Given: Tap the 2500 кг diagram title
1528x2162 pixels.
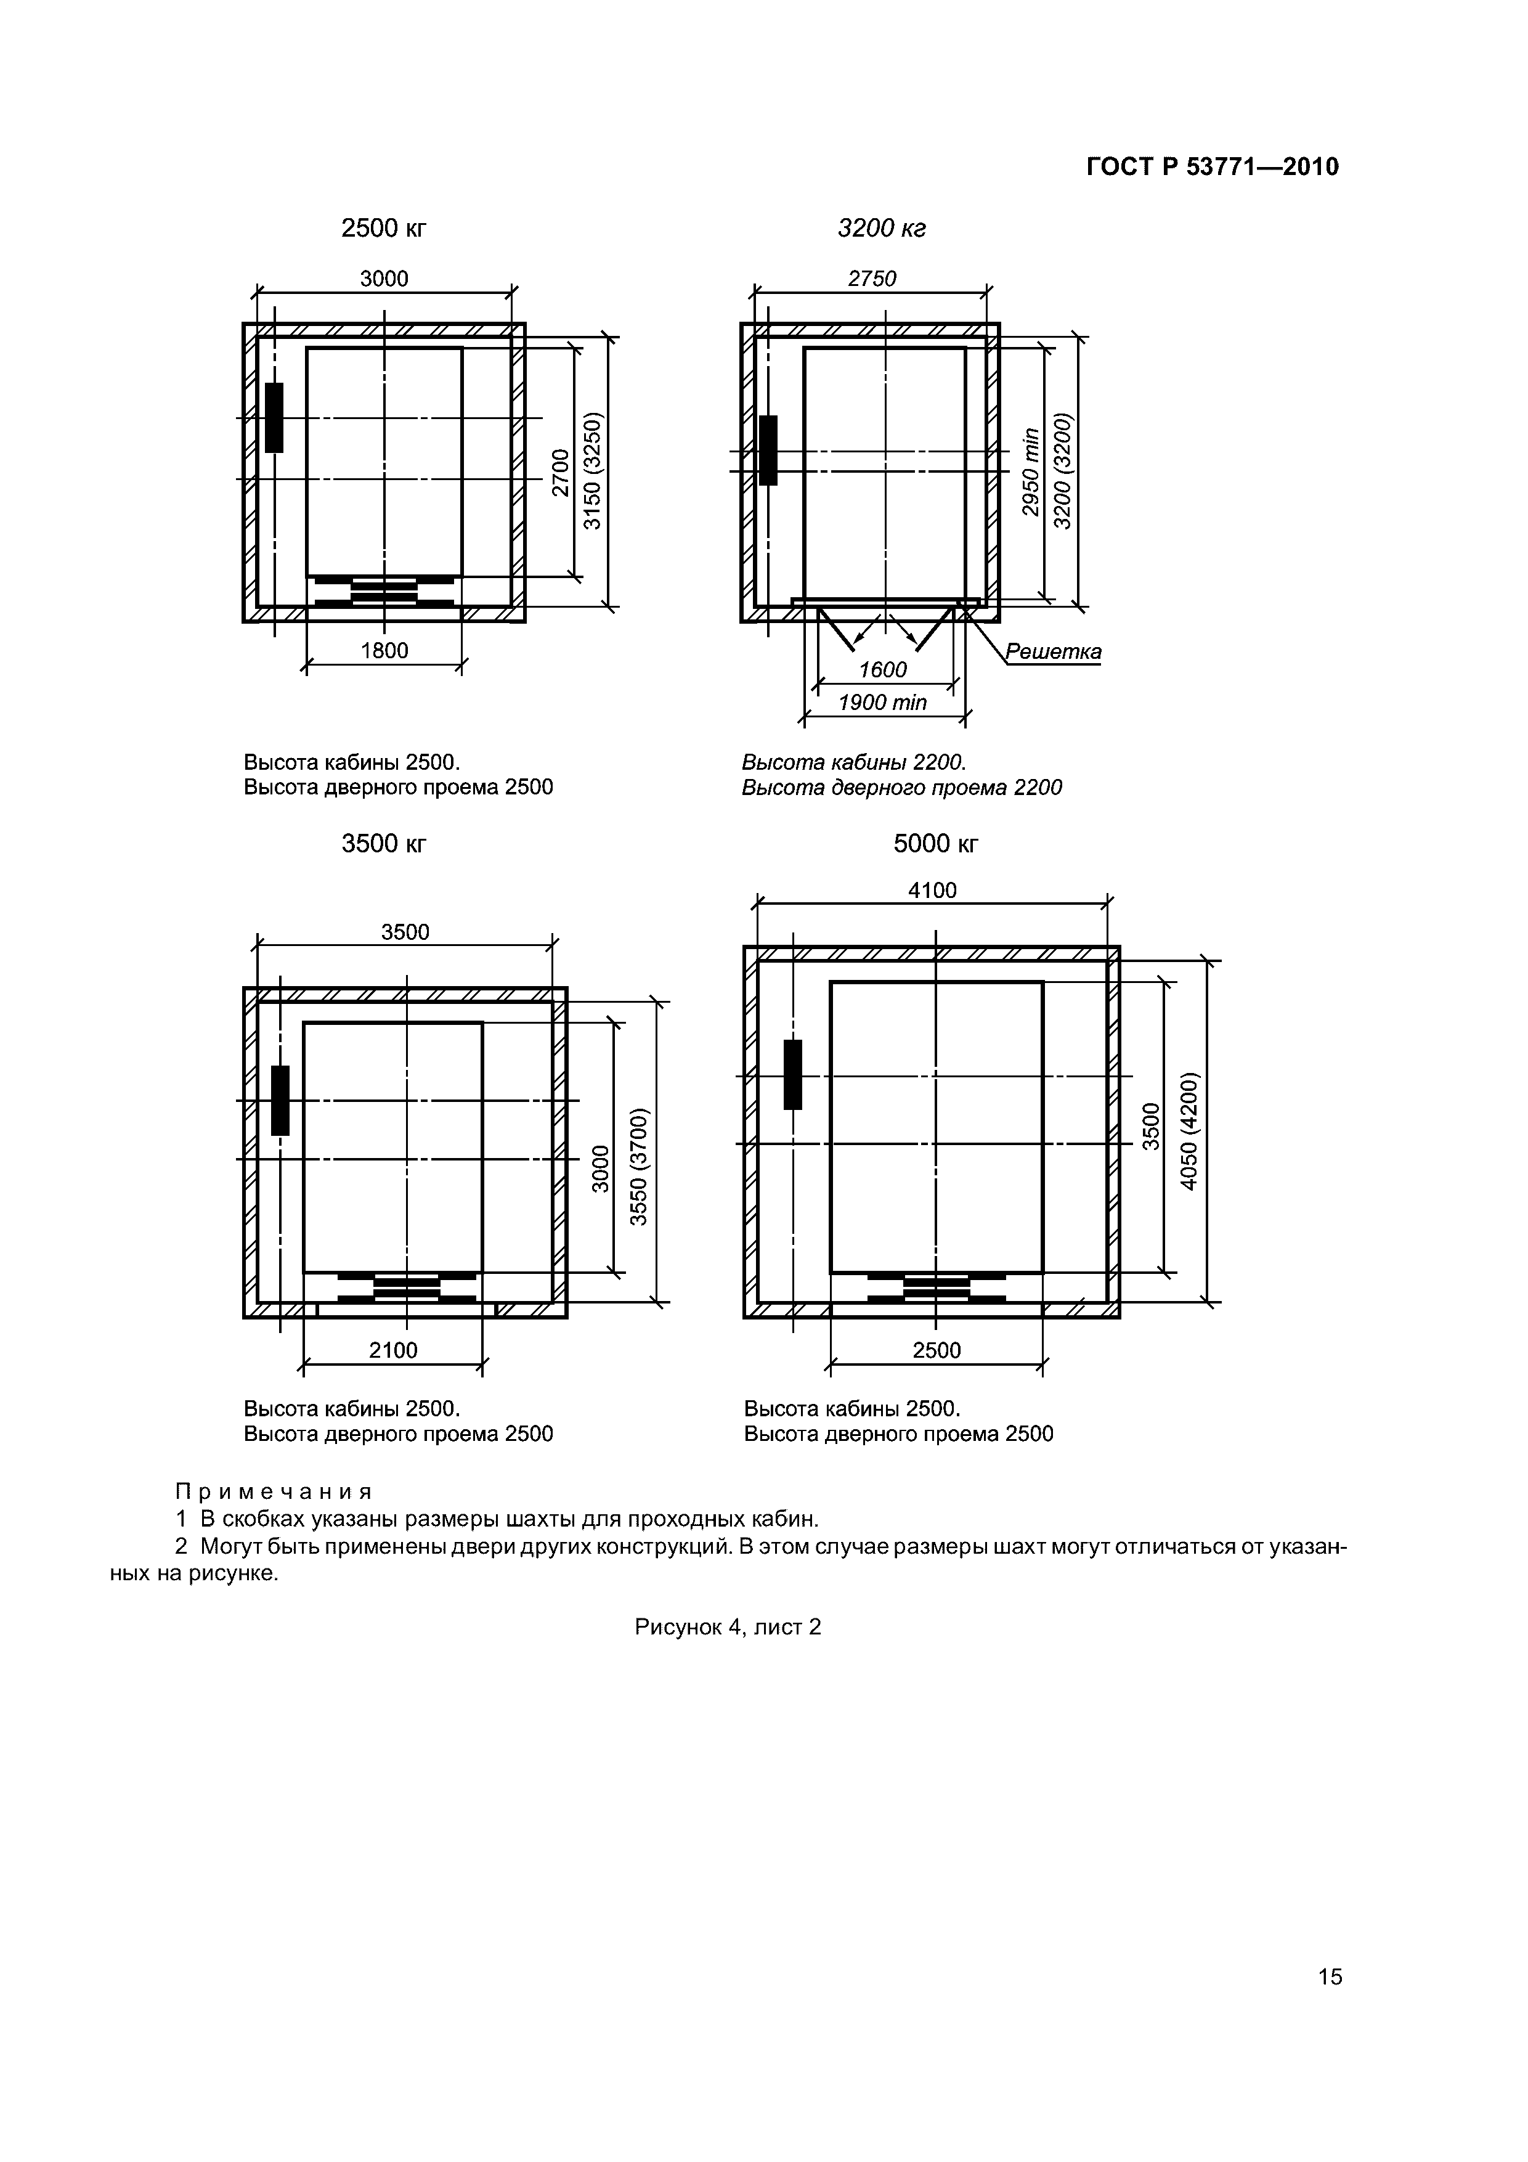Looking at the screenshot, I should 384,228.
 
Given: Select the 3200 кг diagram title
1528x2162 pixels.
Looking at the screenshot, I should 882,228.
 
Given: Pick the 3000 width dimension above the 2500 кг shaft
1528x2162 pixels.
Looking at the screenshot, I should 384,278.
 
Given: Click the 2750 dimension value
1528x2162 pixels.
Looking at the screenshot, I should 872,278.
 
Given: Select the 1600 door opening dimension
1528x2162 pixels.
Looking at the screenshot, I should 883,669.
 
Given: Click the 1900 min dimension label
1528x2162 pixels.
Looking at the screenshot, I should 883,703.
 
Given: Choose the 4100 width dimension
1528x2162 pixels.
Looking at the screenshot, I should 932,890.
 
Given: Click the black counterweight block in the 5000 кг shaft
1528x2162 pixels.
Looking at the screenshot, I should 793,1074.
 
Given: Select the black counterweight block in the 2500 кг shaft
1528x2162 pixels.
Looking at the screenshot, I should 274,417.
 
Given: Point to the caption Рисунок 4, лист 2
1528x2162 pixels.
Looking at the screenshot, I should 728,1627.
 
